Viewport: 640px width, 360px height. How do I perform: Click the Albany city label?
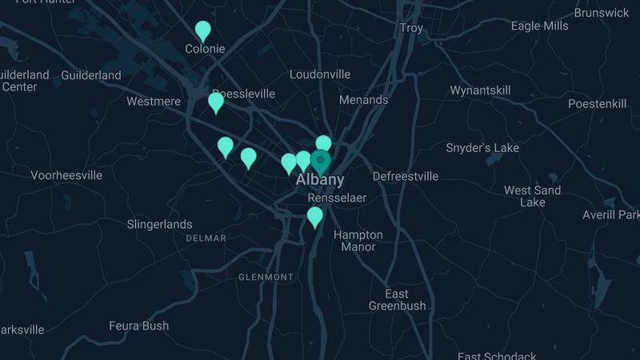[320, 180]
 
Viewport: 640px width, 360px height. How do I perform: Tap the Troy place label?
[411, 28]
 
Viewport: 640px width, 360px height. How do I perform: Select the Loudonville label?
[320, 74]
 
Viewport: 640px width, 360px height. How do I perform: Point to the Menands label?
[363, 100]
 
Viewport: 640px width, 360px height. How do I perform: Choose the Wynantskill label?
[480, 90]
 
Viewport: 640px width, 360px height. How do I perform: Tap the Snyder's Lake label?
[482, 148]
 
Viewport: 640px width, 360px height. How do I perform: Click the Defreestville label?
[406, 176]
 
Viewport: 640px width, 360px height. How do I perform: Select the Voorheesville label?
[66, 175]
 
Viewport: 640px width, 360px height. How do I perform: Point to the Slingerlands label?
[160, 225]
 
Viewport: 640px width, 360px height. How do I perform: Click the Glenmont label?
[266, 277]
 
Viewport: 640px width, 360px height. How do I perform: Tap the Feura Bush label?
[139, 326]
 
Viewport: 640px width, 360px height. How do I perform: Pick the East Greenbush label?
[397, 300]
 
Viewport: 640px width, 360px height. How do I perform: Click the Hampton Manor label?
[358, 241]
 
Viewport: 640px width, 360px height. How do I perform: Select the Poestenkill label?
[597, 104]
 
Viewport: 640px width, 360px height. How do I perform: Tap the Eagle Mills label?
[540, 26]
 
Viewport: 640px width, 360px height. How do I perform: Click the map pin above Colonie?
[203, 30]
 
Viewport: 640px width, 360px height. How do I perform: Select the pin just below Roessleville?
[216, 102]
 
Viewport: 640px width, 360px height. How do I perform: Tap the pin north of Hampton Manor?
[315, 216]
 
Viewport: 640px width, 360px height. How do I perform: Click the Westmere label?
[154, 102]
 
